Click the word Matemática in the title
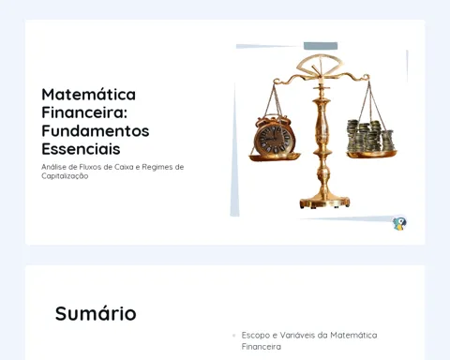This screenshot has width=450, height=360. (x=89, y=95)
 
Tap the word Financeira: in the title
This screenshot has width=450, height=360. (x=84, y=112)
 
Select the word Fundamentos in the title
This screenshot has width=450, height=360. (x=96, y=130)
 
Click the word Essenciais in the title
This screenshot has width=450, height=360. (x=81, y=149)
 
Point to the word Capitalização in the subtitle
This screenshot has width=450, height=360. (x=65, y=176)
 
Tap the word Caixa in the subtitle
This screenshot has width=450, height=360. (x=124, y=167)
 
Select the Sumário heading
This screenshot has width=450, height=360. (x=96, y=313)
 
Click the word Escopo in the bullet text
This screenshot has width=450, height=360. (x=256, y=336)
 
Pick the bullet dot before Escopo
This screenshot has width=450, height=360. (x=234, y=336)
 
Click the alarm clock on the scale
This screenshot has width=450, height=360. (x=274, y=135)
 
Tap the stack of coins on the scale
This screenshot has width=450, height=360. (x=370, y=136)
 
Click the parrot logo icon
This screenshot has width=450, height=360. (x=399, y=224)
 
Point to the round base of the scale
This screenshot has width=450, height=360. (x=324, y=202)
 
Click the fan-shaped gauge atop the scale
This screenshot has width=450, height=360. (x=320, y=65)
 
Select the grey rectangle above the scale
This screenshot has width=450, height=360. (x=321, y=46)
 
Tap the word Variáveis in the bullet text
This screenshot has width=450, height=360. (x=297, y=335)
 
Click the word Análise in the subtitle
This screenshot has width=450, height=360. (x=53, y=167)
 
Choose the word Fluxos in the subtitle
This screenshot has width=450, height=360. (x=91, y=167)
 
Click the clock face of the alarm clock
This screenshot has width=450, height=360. (x=274, y=139)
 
